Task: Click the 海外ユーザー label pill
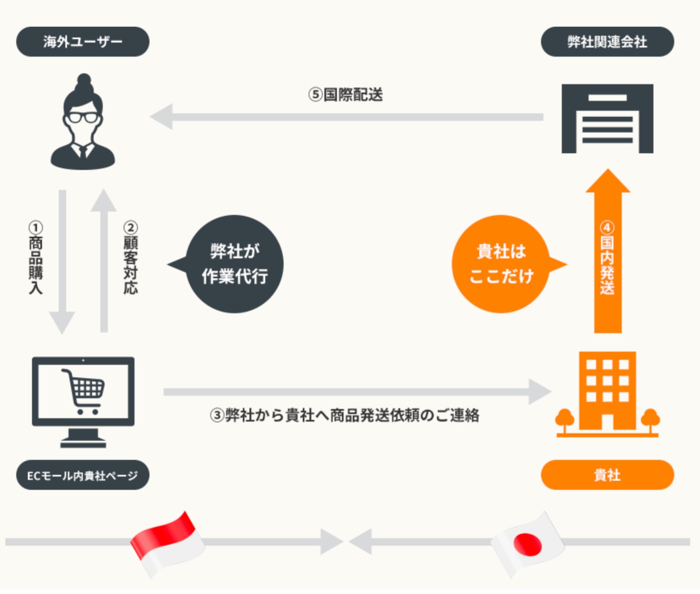(x=83, y=42)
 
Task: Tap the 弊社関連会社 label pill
(x=607, y=42)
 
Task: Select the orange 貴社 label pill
(x=607, y=475)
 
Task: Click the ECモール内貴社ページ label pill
(x=83, y=475)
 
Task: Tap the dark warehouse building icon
(x=607, y=119)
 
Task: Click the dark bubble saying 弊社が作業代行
(x=234, y=264)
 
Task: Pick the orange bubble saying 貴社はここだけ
(x=502, y=264)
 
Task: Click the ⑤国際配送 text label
(x=346, y=95)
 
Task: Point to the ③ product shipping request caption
(x=345, y=415)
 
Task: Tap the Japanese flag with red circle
(x=528, y=544)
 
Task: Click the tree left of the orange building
(x=564, y=419)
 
